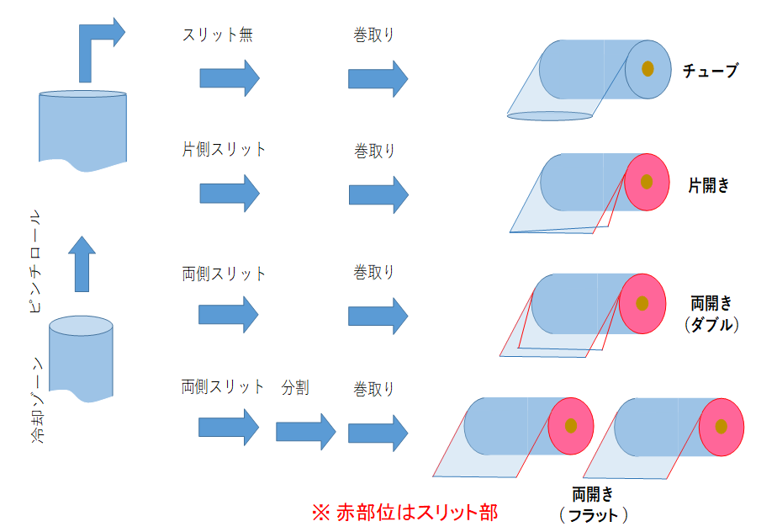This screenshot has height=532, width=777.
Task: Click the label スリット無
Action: [218, 35]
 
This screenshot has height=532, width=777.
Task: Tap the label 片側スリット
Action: [224, 150]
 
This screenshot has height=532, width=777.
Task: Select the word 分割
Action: [294, 387]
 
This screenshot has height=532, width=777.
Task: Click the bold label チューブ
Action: [710, 71]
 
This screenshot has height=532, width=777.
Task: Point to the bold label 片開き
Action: [708, 186]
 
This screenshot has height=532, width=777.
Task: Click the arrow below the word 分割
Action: [305, 432]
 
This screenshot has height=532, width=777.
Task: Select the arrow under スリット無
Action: [230, 78]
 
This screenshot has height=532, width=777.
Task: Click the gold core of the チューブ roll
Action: [647, 69]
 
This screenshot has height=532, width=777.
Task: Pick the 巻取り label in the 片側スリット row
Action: [374, 152]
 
